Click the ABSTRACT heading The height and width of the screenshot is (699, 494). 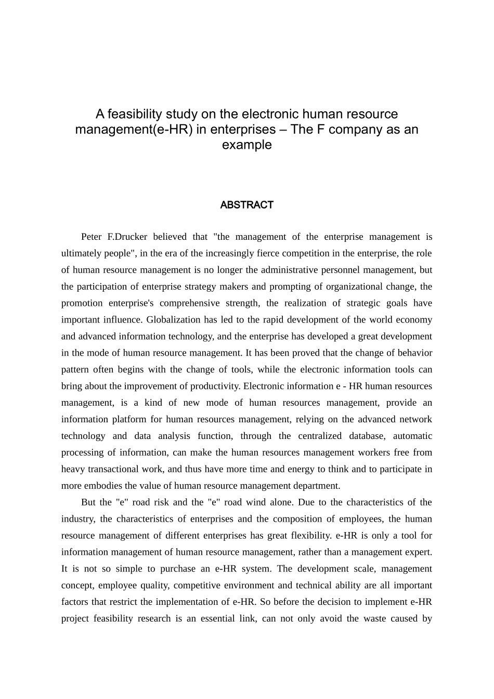[x=246, y=205]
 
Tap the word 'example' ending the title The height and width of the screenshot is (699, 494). [x=246, y=145]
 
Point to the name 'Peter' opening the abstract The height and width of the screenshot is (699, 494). [x=92, y=237]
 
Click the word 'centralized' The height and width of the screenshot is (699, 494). [x=320, y=436]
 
